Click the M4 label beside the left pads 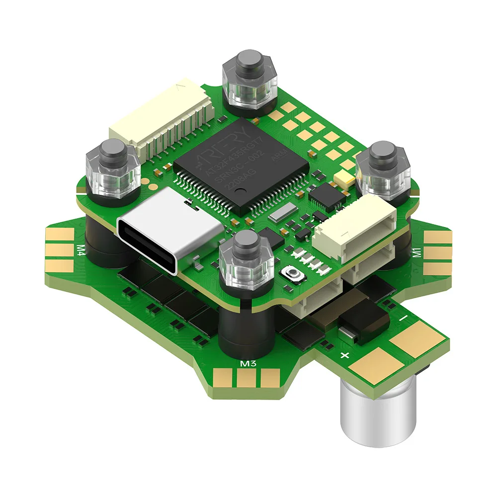[80, 248]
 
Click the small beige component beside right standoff [343, 177]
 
